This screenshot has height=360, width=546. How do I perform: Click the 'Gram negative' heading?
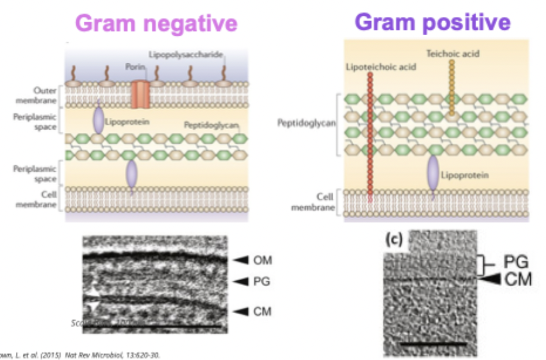pyautogui.click(x=156, y=23)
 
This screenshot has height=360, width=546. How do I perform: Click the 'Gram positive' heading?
pyautogui.click(x=432, y=22)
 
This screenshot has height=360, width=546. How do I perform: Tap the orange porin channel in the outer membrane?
pyautogui.click(x=141, y=94)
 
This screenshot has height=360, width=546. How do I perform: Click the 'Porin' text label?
pyautogui.click(x=135, y=67)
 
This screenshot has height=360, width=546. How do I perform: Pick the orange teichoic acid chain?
pyautogui.click(x=451, y=88)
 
